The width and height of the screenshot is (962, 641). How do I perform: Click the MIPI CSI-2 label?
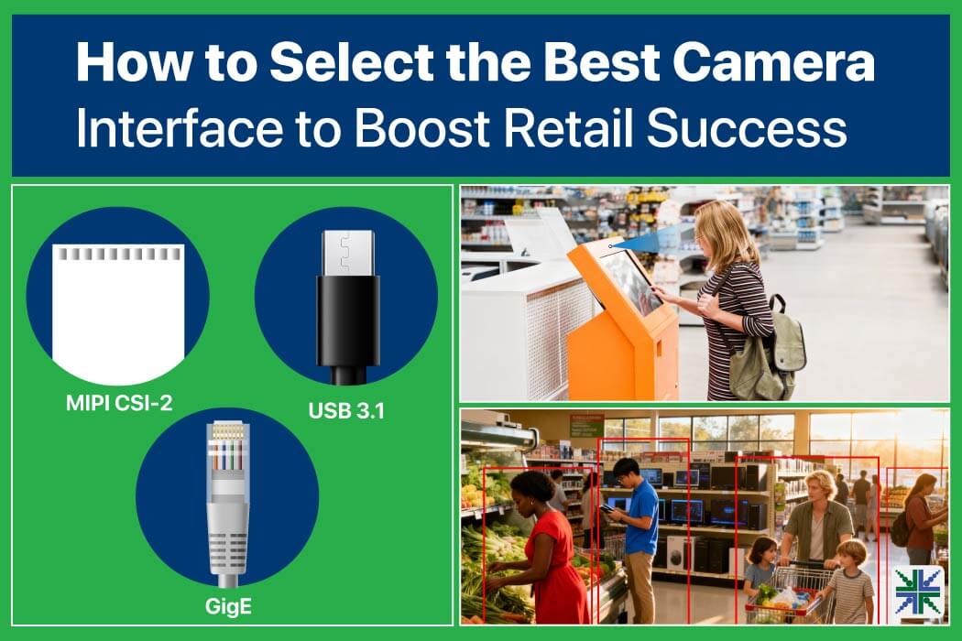pos(119,403)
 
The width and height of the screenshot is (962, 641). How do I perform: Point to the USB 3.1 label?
pos(346,410)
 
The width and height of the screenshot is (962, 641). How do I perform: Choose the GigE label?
pos(228,606)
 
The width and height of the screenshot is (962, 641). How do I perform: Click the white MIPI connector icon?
pos(118,314)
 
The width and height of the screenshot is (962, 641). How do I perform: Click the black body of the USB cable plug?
pos(348,320)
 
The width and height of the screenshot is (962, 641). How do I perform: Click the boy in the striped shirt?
pos(849,581)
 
